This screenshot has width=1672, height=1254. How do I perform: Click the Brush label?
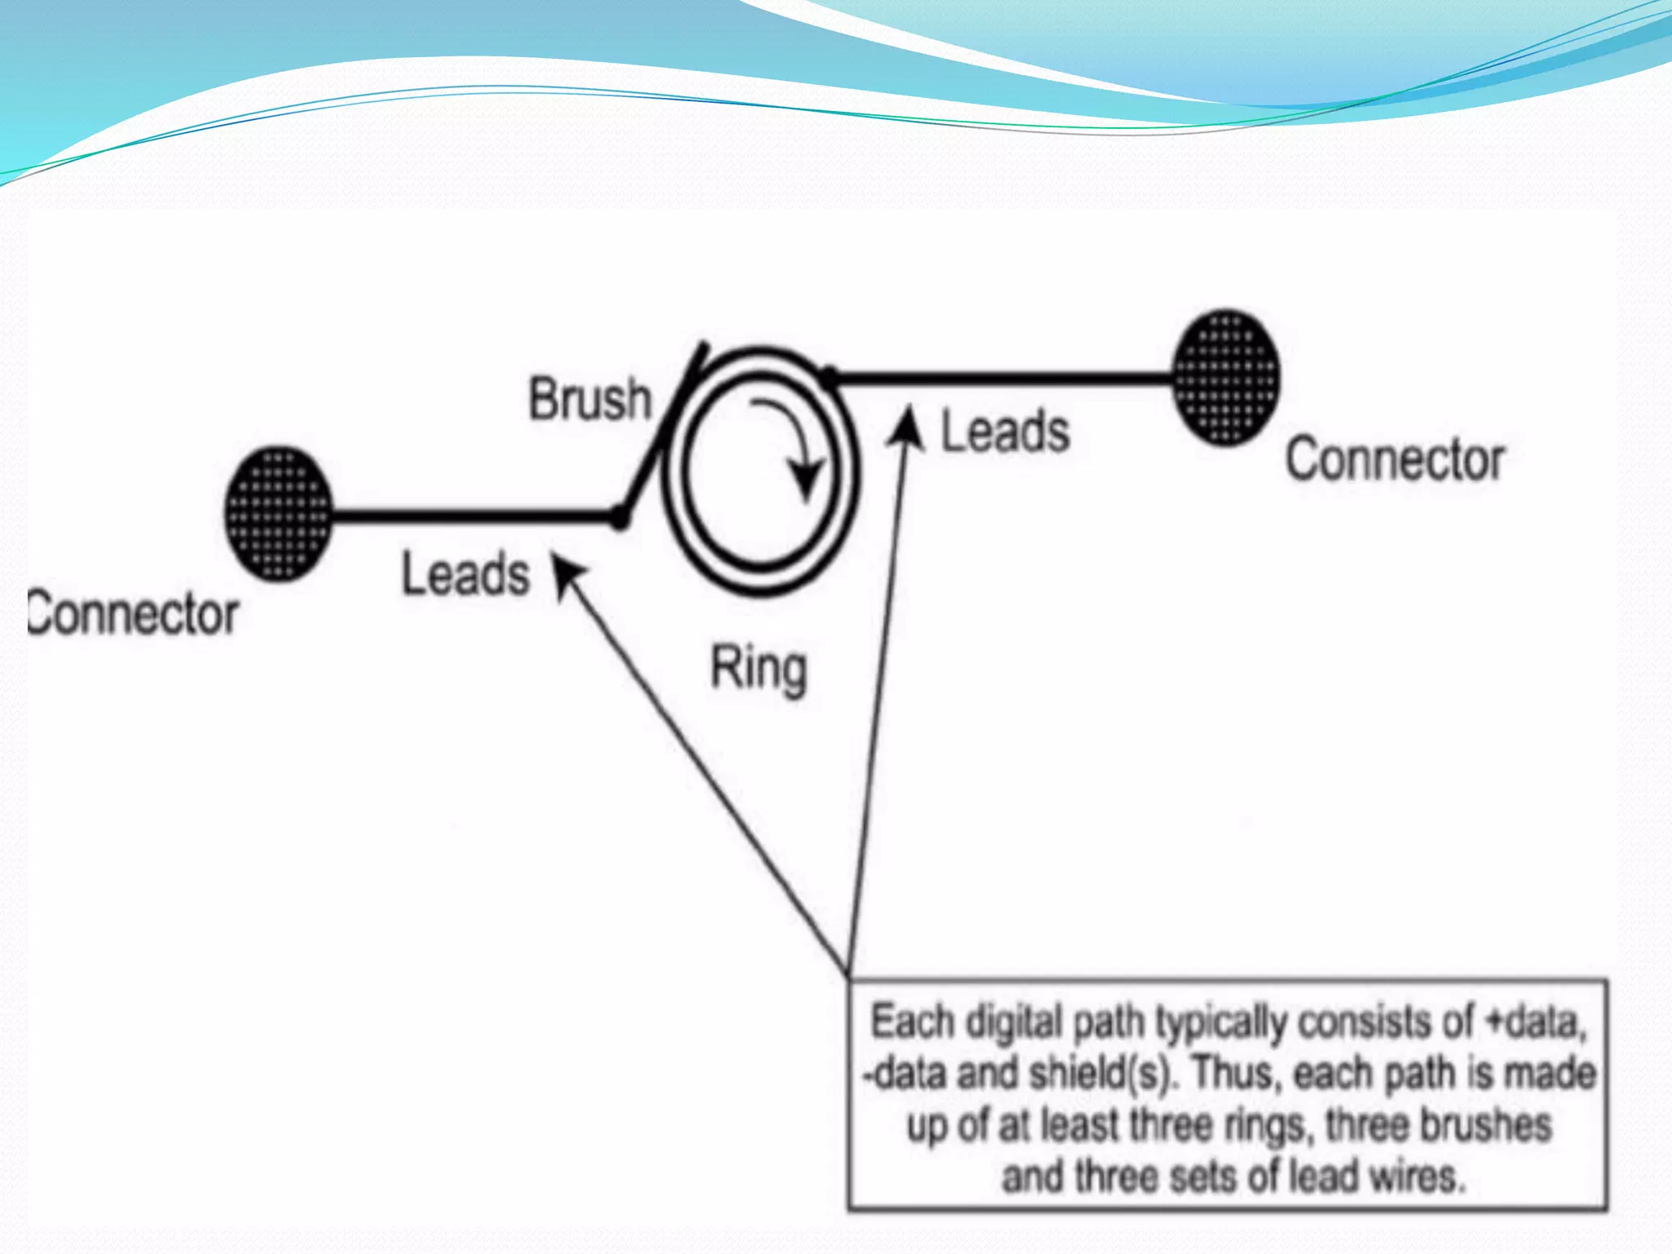coord(589,399)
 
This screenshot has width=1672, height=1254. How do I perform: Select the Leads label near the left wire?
coord(465,574)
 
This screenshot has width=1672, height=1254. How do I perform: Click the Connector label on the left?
coord(133,614)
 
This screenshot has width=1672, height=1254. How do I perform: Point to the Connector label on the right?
coord(1395,460)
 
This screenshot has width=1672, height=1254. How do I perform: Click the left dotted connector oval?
coord(278,514)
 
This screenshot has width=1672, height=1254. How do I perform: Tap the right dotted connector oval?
coord(1225,378)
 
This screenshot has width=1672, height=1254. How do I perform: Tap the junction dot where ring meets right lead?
coord(829,377)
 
